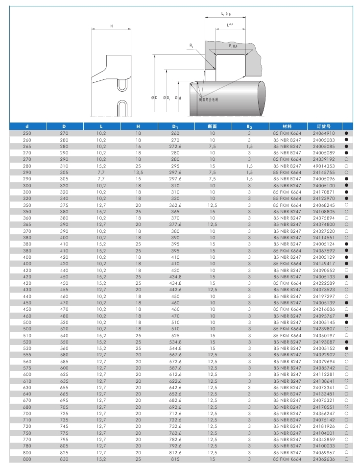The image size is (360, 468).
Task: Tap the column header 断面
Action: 212,126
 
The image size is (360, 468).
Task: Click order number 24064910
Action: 324,133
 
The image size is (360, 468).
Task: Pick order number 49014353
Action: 324,166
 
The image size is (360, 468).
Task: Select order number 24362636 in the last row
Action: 324,459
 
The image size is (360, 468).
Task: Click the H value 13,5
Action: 138,172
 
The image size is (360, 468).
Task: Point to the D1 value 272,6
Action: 175,146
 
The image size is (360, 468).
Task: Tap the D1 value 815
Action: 175,459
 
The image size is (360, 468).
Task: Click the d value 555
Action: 27,355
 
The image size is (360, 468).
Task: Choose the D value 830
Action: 64,459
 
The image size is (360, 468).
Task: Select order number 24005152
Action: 324,348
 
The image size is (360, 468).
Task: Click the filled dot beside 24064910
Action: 346,133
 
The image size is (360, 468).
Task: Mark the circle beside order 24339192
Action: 346,159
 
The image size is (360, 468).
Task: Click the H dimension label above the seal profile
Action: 111,25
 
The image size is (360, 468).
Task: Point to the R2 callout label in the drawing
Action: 191,45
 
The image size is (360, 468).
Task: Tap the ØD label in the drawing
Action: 154,98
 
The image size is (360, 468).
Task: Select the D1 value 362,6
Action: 175,205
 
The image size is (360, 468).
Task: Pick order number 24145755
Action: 324,172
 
